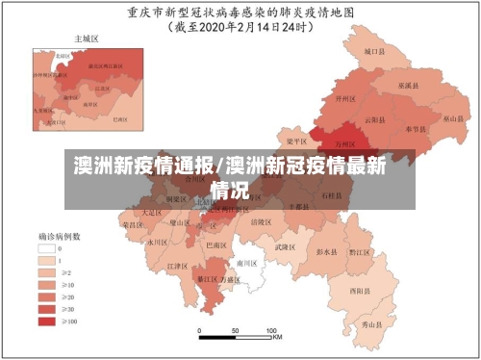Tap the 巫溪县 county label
[x=411, y=85]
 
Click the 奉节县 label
[x=415, y=127]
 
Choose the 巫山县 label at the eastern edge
[x=453, y=118]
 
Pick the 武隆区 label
[x=284, y=247]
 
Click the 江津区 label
[x=176, y=266]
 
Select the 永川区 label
[x=157, y=243]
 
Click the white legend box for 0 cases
[x=47, y=247]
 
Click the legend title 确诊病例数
[x=59, y=235]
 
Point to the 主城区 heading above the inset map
[x=88, y=39]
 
